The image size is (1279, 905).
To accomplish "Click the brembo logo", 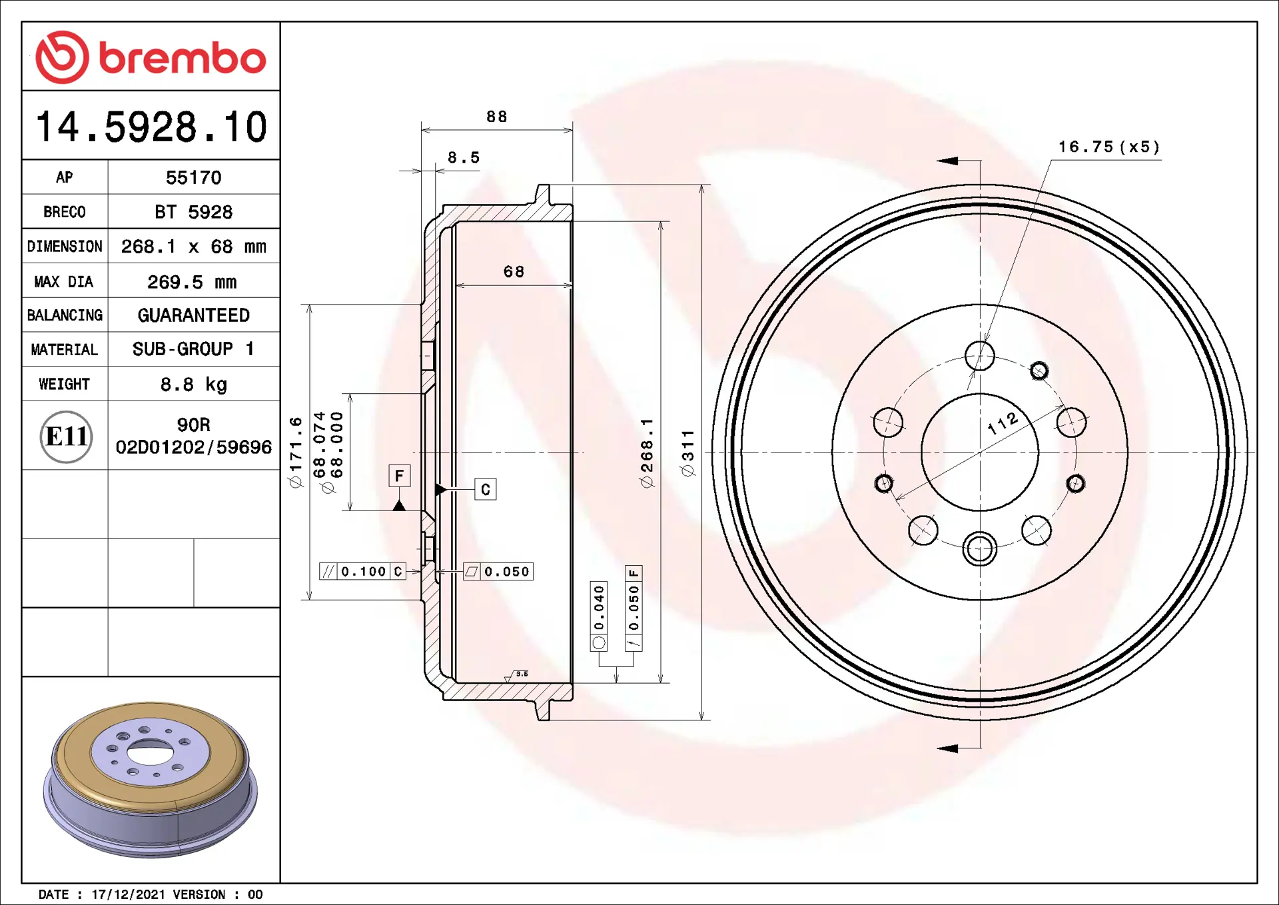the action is click(x=151, y=57).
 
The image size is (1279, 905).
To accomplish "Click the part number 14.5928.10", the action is click(x=151, y=127).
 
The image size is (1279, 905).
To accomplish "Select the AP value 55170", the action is click(x=194, y=177).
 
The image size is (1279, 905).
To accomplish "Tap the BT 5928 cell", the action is click(x=194, y=212).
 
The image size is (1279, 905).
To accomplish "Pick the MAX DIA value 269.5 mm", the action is click(x=193, y=282).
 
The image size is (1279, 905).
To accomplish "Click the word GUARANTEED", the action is click(x=194, y=315).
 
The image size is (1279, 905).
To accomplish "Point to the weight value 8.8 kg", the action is click(x=194, y=385).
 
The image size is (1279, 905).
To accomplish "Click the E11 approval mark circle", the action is click(x=66, y=437).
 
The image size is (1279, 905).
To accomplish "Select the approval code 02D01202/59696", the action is click(x=194, y=447).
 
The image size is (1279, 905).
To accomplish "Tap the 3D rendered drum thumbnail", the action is click(x=151, y=779).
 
